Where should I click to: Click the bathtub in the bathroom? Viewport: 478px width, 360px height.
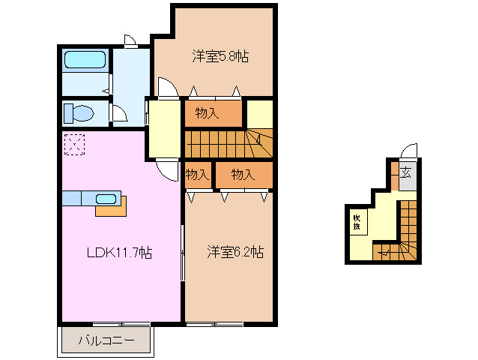point(85,59)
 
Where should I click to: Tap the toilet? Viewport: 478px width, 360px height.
point(78,113)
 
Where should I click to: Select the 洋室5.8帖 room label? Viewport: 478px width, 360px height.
point(220,56)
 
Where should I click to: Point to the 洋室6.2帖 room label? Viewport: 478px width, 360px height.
point(235,253)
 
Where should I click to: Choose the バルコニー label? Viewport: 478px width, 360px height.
point(107,341)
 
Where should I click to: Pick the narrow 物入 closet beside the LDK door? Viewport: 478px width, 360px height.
point(196,175)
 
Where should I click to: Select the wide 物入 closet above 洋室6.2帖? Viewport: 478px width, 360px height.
point(242,175)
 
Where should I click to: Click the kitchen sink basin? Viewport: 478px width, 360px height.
point(106,199)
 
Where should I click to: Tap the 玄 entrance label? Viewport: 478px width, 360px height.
point(405,173)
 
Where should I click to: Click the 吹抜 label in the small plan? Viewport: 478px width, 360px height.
point(357,221)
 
